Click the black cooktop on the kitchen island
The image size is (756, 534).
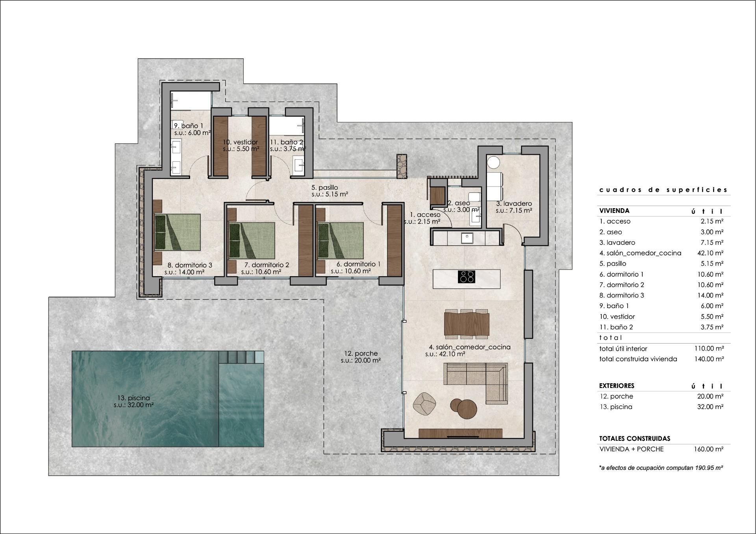467,277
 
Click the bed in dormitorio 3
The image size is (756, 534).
177,232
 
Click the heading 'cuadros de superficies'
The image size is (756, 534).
663,190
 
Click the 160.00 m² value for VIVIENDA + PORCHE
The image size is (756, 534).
708,449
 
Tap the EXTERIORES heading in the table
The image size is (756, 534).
617,386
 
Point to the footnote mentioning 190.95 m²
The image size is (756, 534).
661,468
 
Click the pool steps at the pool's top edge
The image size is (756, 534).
241,357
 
